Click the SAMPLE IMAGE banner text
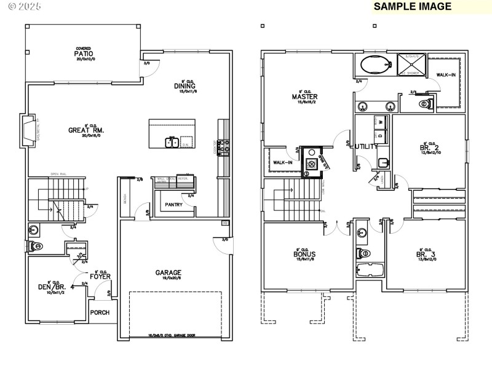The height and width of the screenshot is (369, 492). (413, 7)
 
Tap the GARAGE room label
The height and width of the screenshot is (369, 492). (168, 272)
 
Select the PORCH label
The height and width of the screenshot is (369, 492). (100, 312)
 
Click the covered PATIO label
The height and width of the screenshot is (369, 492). (84, 54)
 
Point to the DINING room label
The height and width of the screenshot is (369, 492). (184, 86)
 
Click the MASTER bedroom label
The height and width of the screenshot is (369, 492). (304, 97)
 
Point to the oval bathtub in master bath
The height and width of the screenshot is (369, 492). (375, 65)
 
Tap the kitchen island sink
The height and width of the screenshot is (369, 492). (172, 143)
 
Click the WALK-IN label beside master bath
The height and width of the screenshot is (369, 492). (446, 74)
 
